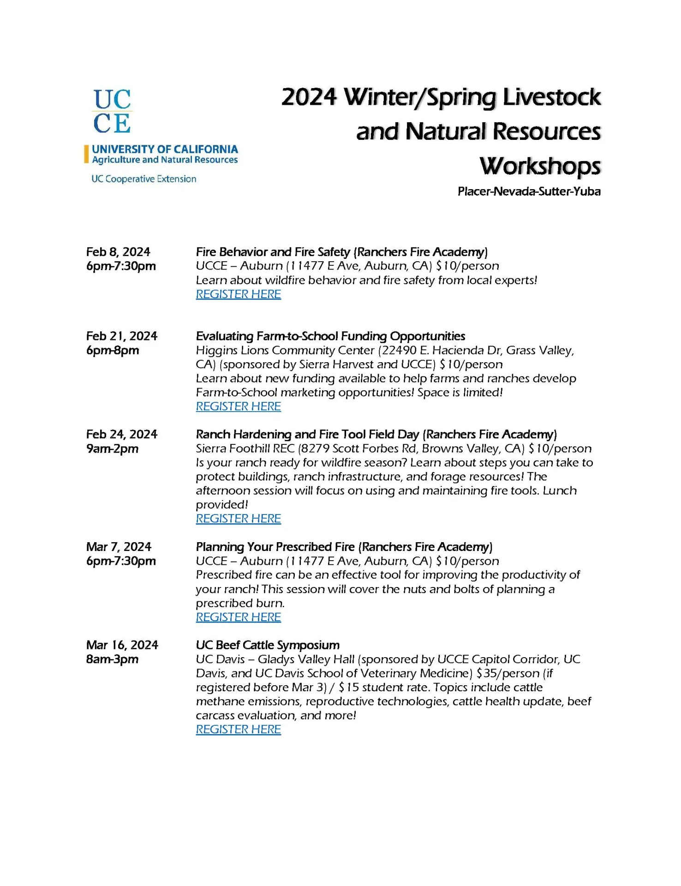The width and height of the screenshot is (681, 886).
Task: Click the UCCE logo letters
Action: (x=112, y=111)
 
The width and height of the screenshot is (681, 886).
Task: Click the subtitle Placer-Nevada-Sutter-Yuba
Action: (x=529, y=192)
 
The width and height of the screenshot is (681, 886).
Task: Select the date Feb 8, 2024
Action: (x=118, y=252)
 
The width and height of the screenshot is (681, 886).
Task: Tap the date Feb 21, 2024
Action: (x=122, y=336)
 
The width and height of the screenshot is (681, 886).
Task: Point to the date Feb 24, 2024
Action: (x=122, y=434)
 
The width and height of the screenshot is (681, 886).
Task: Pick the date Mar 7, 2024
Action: (x=119, y=547)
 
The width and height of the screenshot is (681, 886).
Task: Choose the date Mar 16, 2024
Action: (x=122, y=645)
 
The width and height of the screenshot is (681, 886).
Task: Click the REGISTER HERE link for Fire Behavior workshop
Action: (x=238, y=294)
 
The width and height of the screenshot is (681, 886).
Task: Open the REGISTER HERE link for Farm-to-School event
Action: (x=238, y=407)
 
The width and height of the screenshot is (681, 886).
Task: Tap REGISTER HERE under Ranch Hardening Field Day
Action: (x=238, y=519)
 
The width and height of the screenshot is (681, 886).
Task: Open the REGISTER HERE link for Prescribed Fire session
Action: (x=238, y=617)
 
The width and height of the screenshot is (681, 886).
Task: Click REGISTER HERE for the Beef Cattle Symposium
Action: (x=238, y=729)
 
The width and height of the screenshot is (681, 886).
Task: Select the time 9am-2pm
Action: (x=112, y=449)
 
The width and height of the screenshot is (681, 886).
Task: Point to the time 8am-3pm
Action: (x=112, y=659)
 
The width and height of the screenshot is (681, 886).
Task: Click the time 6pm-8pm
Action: (x=113, y=350)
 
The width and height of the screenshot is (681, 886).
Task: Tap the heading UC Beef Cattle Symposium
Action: (x=268, y=645)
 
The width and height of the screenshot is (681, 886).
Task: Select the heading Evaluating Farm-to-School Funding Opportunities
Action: (x=330, y=336)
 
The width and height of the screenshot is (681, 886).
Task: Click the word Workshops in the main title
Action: (x=540, y=166)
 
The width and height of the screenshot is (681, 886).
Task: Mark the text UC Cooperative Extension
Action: (x=143, y=179)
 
